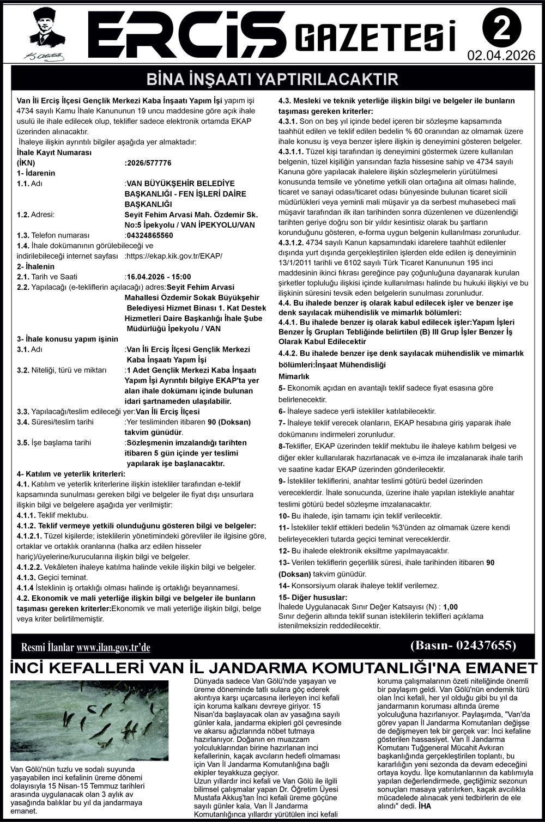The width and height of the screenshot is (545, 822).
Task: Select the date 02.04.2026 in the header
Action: (501, 56)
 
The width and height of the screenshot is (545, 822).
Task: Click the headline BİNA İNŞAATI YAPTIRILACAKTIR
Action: (272, 80)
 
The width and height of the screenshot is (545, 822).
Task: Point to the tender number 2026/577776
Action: (148, 163)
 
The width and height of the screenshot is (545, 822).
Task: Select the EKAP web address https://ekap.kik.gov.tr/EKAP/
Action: (174, 256)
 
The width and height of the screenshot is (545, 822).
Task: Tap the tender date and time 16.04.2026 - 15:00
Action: (159, 277)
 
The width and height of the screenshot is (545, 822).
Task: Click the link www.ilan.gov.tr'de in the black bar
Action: (113, 648)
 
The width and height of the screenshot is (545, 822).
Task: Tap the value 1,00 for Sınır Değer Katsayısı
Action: (451, 606)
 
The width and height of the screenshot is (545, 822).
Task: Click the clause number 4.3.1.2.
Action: (292, 242)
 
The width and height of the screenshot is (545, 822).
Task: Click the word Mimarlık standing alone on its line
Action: (294, 376)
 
